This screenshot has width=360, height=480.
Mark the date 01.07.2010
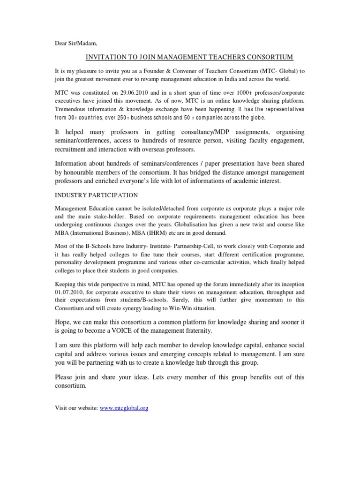(68, 292)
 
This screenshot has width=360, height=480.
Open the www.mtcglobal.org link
(124, 408)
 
